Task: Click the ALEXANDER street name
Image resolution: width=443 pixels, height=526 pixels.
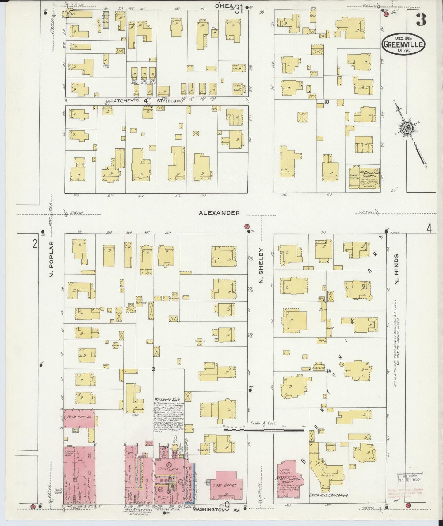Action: point(219,213)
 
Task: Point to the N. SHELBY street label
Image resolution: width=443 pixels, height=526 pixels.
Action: point(261,266)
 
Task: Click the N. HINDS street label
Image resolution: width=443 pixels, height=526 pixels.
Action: point(397,269)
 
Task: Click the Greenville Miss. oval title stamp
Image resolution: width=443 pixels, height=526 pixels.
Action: point(403,45)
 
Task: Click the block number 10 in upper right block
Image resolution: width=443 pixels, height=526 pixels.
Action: point(327,102)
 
